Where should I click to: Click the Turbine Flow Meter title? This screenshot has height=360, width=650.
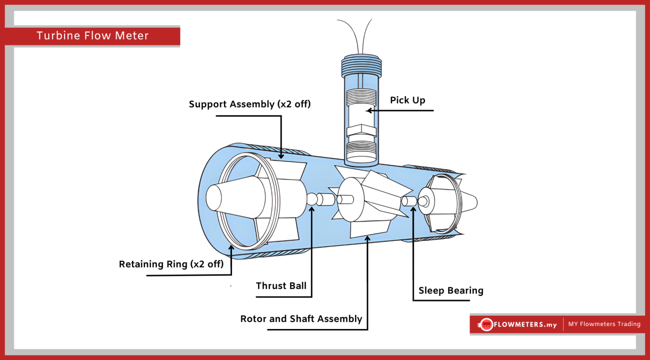92,36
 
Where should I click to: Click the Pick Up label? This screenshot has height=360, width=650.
407,100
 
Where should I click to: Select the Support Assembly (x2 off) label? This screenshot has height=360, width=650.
249,104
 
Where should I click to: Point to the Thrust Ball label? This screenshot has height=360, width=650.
281,286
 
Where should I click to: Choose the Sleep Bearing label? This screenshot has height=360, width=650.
450,290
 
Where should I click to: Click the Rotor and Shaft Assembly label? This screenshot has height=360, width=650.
301,319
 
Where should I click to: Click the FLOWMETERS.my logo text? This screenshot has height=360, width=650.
525,324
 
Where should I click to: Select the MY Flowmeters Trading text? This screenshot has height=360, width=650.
604,324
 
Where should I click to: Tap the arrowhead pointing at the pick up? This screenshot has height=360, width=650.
369,110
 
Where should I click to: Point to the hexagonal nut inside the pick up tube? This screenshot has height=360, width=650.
361,131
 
